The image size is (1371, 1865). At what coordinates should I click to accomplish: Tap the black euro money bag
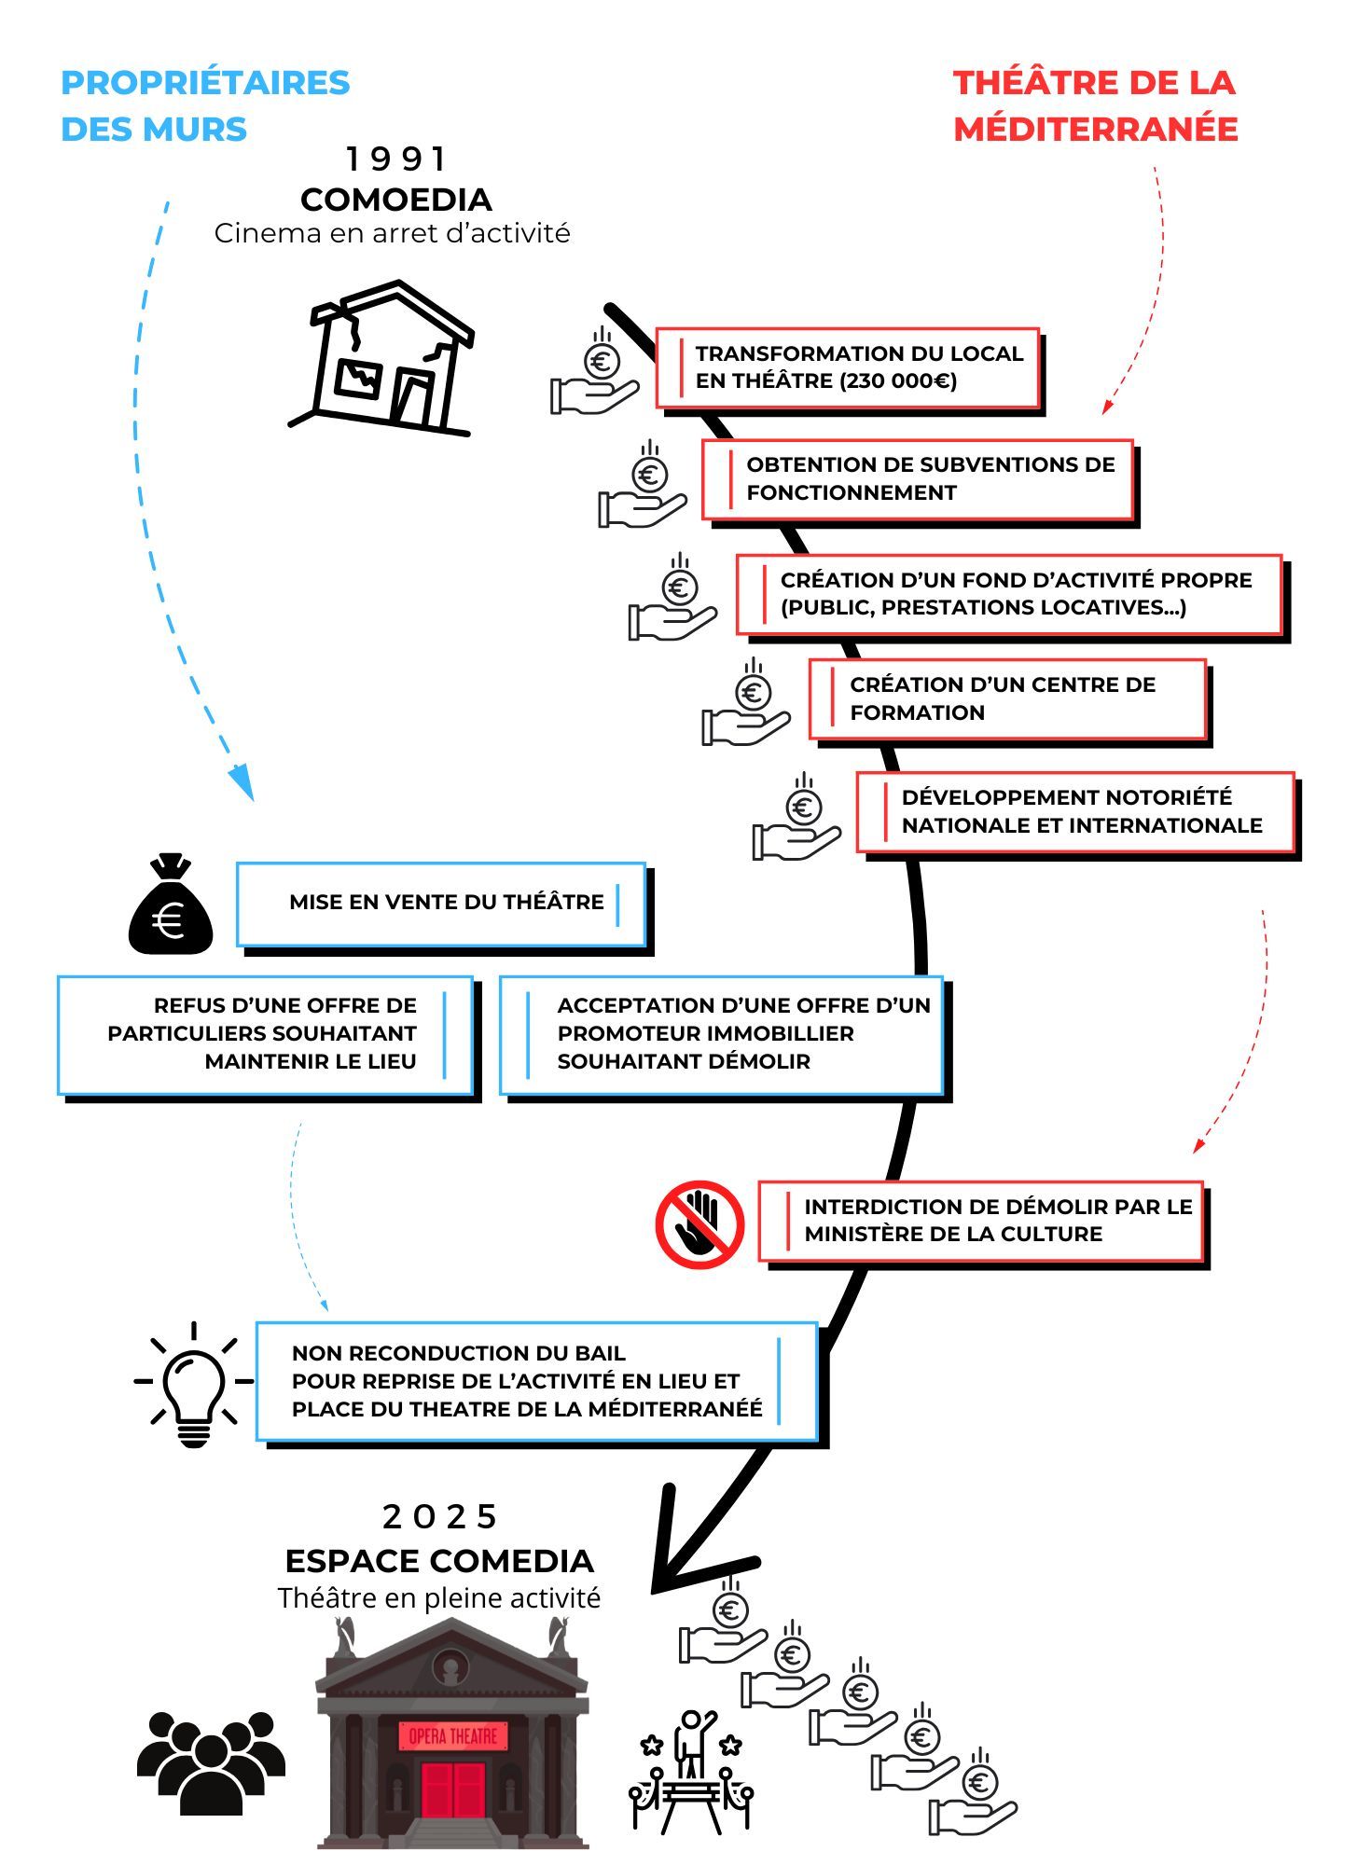point(171,905)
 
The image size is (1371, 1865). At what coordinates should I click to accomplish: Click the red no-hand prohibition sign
point(699,1223)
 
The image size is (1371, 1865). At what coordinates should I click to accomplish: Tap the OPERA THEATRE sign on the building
point(453,1735)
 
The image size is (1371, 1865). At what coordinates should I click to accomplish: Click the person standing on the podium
point(692,1742)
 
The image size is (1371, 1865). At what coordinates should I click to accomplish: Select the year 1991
point(396,159)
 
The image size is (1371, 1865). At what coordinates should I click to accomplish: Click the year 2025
point(440,1517)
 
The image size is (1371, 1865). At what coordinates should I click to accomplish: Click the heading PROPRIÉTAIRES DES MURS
point(205,105)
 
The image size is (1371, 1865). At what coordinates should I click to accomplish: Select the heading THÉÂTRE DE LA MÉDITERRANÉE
point(1096,105)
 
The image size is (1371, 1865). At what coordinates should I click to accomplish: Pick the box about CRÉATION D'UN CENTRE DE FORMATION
point(1007,698)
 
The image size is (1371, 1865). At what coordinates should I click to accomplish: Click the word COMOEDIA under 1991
point(396,200)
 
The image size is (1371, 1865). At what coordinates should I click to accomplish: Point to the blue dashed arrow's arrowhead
point(242,783)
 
